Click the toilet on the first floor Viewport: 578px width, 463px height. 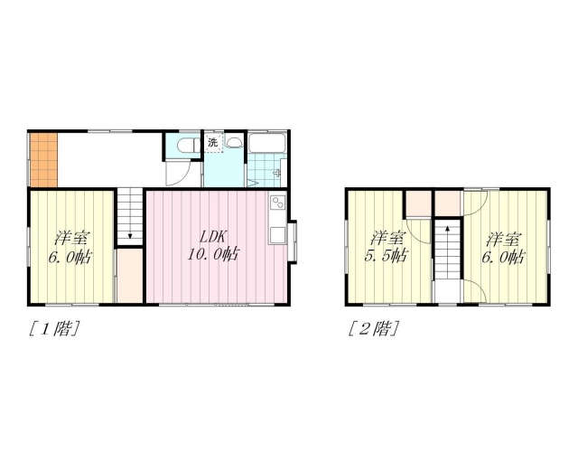[x=188, y=145]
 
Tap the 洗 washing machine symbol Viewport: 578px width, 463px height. [x=213, y=142]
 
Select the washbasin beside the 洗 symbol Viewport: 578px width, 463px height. [x=233, y=141]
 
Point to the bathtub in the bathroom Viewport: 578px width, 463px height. [x=267, y=143]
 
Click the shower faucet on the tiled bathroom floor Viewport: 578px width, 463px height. [x=277, y=173]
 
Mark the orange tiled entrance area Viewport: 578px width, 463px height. [x=43, y=160]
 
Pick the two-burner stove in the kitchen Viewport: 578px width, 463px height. [x=278, y=203]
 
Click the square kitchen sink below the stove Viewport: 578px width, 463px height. [x=278, y=235]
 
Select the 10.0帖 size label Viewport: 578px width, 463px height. [x=213, y=254]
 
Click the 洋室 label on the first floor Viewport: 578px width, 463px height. [x=71, y=238]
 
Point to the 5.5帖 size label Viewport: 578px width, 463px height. [x=387, y=255]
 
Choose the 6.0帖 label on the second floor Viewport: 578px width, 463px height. [x=504, y=257]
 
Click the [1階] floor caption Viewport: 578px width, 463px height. [x=54, y=328]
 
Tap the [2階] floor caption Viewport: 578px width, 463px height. [x=373, y=328]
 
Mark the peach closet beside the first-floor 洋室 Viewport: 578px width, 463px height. [x=130, y=276]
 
